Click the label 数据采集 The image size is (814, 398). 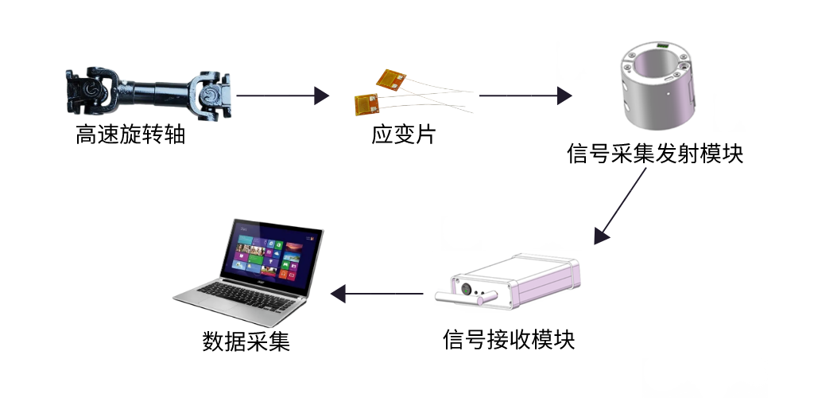click(x=246, y=342)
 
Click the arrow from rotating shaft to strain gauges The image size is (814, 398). click(x=282, y=96)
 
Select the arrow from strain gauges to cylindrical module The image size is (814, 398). click(x=525, y=96)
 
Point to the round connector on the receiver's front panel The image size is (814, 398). click(x=465, y=284)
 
